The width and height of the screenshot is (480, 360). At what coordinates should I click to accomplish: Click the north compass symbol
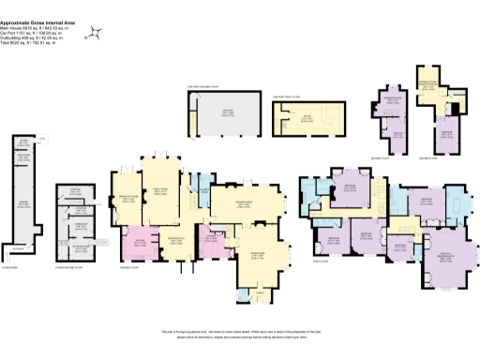point(94,35)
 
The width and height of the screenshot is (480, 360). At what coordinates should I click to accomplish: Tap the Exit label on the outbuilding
point(43,140)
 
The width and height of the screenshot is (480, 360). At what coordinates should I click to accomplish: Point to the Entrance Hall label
point(176,241)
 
